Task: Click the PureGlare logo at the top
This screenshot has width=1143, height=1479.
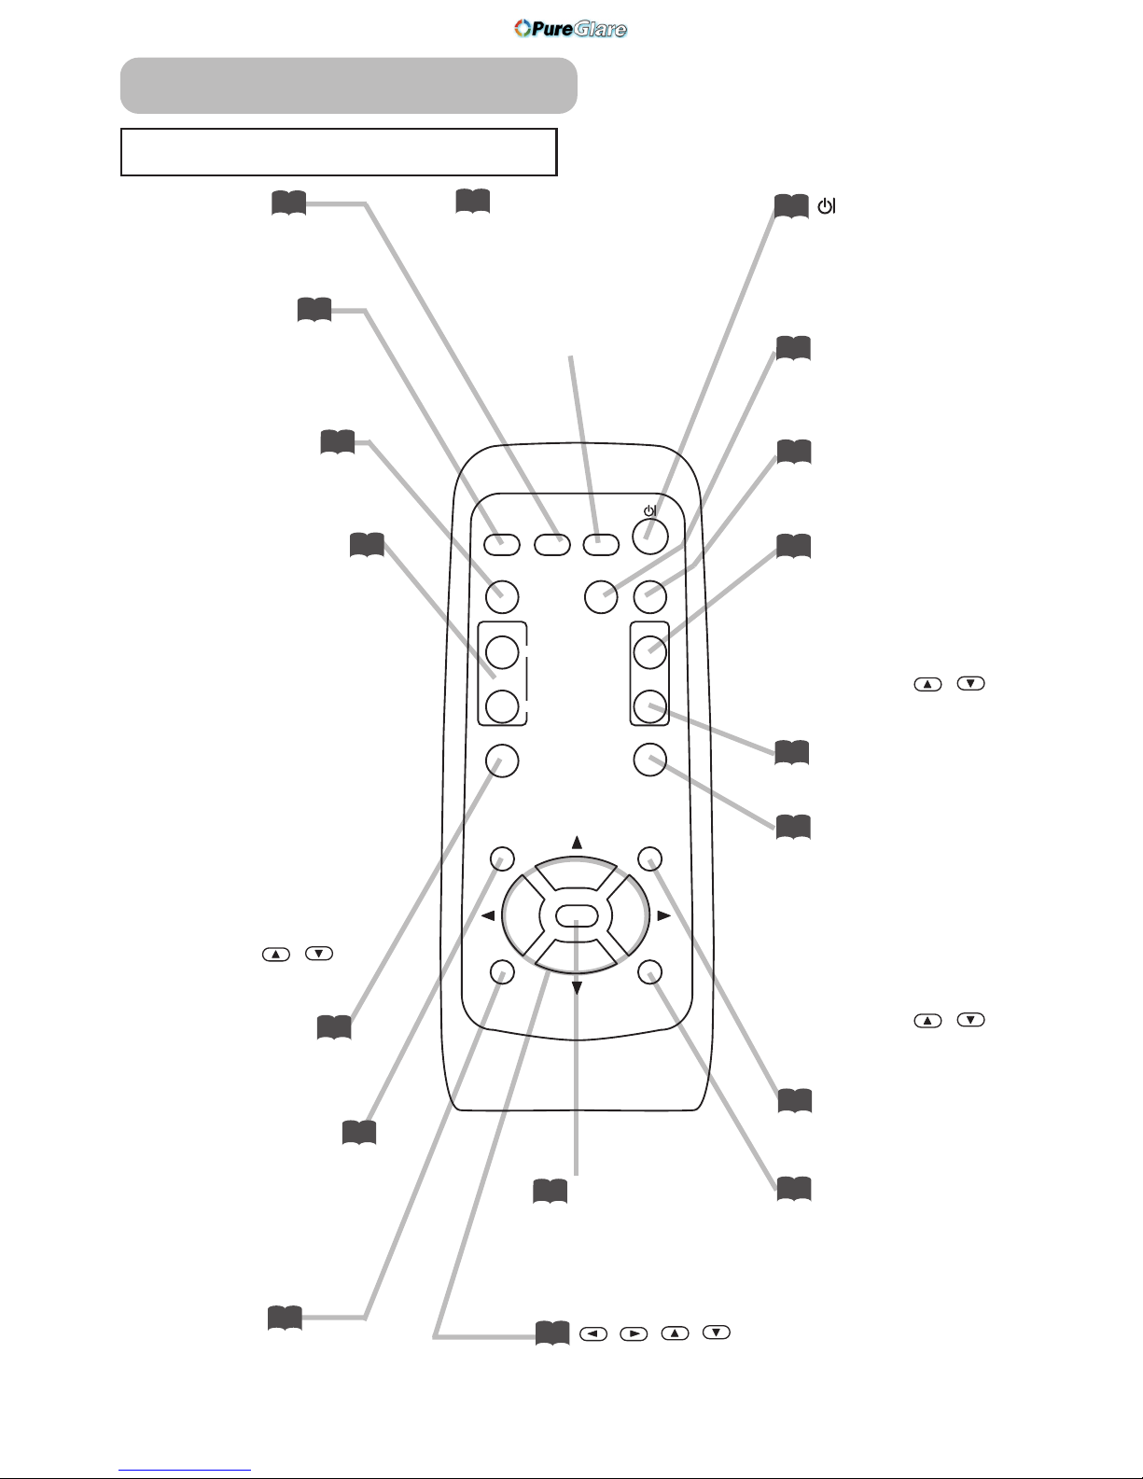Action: (x=570, y=29)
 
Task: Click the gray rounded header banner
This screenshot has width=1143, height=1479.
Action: (x=348, y=85)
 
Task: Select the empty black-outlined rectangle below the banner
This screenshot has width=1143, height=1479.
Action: (x=339, y=152)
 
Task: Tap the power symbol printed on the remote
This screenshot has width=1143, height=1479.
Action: (x=649, y=510)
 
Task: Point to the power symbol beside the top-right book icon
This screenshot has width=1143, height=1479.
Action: (x=826, y=205)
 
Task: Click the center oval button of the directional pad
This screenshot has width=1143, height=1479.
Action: (x=577, y=916)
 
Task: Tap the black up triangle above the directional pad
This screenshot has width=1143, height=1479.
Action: (x=577, y=843)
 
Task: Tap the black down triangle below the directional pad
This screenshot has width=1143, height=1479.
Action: (x=577, y=987)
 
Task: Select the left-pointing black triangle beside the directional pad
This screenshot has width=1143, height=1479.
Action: (x=488, y=916)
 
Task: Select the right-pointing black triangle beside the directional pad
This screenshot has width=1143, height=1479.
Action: (x=664, y=916)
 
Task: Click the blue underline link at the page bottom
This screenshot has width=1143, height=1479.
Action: (x=185, y=1471)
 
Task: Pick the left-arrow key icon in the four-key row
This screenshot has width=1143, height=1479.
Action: (x=593, y=1333)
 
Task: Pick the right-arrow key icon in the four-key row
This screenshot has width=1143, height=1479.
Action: (x=634, y=1333)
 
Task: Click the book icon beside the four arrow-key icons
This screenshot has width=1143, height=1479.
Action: (x=551, y=1333)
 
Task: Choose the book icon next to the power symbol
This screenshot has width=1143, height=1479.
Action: (x=791, y=206)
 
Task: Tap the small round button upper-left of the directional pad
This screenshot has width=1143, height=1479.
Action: (x=502, y=858)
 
